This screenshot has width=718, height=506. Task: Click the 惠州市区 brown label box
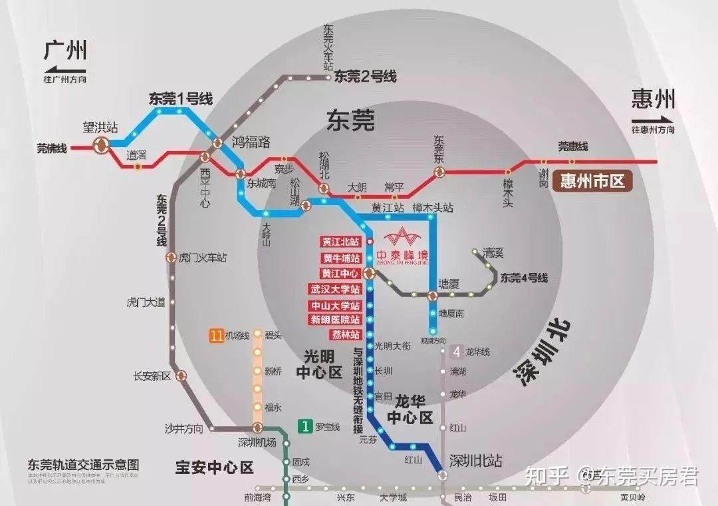pos(594,181)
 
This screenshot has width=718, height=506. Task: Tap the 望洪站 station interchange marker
pos(101,146)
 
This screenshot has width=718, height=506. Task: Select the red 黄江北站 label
pos(341,242)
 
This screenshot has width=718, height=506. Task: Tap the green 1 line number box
pos(304,426)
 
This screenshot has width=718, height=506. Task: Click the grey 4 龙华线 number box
pos(457,352)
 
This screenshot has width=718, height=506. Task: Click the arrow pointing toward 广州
pos(65,69)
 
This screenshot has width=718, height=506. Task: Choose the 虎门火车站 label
pos(203,258)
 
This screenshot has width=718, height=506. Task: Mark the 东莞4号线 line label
pos(525,278)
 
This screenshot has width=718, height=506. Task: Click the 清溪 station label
pos(494,253)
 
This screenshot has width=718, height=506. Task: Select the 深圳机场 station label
pos(257,442)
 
